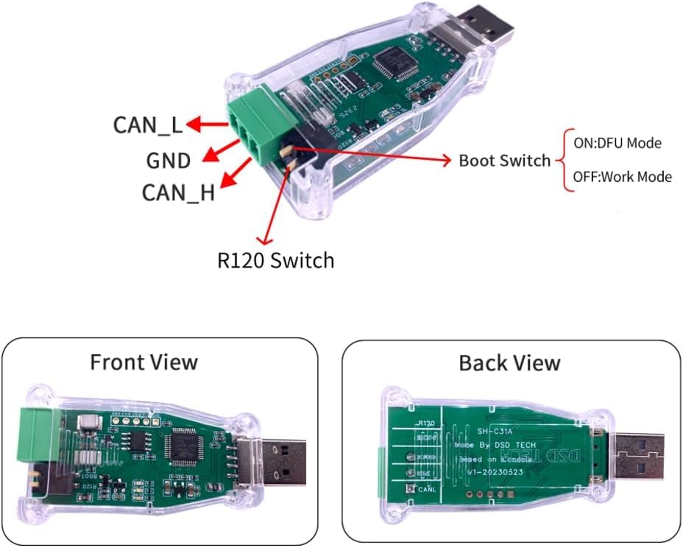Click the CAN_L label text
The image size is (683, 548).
[147, 124]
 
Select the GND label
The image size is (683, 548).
[169, 160]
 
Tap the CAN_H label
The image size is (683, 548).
[178, 193]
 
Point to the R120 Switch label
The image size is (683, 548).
[275, 260]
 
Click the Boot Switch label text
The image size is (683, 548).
[504, 160]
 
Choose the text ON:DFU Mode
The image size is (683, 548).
[617, 143]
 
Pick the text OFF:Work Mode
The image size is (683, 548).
[622, 177]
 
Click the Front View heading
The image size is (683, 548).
[144, 362]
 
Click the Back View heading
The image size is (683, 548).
[509, 362]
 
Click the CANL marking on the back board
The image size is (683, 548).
[430, 490]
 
